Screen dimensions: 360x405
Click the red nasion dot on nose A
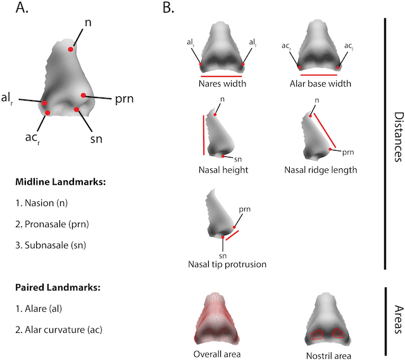tap(72, 49)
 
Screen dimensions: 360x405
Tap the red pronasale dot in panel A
tap(84, 96)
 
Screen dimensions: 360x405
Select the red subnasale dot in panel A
tap(77, 110)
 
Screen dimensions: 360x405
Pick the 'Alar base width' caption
tap(318, 83)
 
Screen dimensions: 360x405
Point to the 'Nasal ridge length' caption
tap(321, 170)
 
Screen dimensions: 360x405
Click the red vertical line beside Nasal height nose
tap(203, 135)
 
